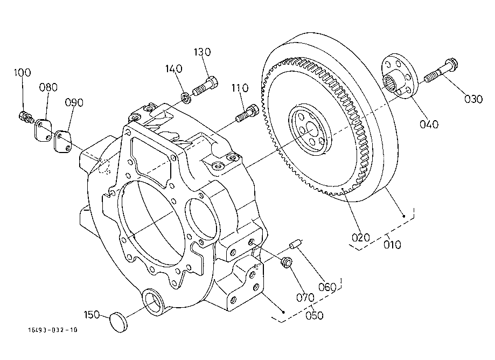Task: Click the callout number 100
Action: coord(23,73)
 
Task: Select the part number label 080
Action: coord(48,87)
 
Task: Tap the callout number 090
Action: coord(74,102)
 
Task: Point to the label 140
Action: coord(174,68)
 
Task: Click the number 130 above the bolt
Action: coord(203,52)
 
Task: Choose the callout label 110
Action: coord(240,88)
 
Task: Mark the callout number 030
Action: coord(473,99)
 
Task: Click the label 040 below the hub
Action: coord(429,124)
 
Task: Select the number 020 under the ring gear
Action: coord(360,238)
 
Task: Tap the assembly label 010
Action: coord(393,245)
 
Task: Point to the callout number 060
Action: coord(327,287)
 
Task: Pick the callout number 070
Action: coord(305,297)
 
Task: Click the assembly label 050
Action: coord(315,315)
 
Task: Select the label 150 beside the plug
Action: coord(92,315)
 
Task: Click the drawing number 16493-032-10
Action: coord(53,330)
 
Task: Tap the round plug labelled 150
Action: coord(118,322)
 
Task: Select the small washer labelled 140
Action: coord(186,98)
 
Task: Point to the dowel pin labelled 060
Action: coord(295,245)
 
